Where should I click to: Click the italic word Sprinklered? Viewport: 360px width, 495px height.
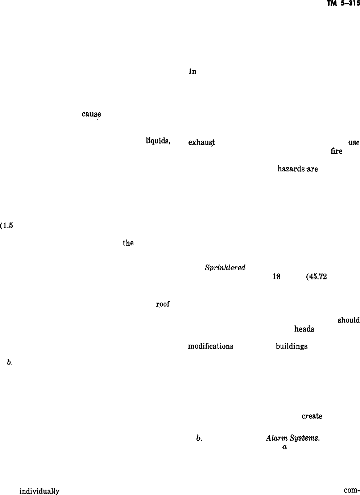pos(225,268)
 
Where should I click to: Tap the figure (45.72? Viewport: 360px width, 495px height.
pos(317,277)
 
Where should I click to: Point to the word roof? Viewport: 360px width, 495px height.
pos(163,304)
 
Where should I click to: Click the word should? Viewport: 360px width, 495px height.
pos(348,320)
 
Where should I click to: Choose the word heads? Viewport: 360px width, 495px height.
pos(304,329)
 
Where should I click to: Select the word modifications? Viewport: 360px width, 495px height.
pos(211,346)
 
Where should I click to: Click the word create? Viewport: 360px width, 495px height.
pos(312,416)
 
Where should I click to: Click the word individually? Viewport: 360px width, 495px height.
pos(39,491)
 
